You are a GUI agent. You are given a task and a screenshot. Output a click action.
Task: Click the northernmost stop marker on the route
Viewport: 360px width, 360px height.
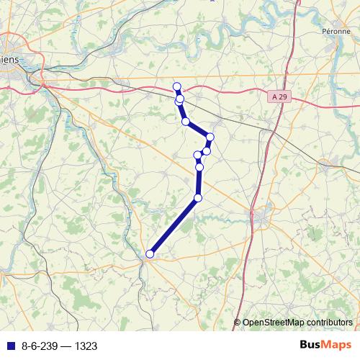click(x=177, y=87)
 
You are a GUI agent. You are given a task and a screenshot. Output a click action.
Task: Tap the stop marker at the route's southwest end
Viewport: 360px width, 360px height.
click(x=150, y=253)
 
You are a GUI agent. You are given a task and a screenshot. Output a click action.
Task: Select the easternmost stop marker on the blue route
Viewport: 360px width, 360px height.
click(x=210, y=137)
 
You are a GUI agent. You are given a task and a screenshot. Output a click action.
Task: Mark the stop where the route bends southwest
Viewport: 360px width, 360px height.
click(x=198, y=198)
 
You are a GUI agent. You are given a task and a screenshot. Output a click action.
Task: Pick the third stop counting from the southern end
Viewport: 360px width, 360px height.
click(x=199, y=168)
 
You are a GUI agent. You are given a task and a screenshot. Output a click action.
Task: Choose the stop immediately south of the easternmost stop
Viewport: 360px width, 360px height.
click(x=207, y=150)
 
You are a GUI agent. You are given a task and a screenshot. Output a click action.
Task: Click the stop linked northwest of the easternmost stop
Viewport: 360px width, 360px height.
click(x=186, y=122)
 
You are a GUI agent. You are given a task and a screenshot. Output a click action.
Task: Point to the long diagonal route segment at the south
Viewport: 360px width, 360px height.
click(x=174, y=226)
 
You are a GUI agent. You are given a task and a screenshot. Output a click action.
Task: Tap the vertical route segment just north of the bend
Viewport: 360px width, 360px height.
click(x=199, y=183)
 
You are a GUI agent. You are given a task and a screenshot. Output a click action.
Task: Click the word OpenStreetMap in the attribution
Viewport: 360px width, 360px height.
click(x=275, y=323)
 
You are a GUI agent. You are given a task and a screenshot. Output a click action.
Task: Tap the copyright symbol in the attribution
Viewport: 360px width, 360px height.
click(x=238, y=323)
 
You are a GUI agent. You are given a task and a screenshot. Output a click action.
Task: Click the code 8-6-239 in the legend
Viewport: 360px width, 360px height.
click(x=40, y=346)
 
